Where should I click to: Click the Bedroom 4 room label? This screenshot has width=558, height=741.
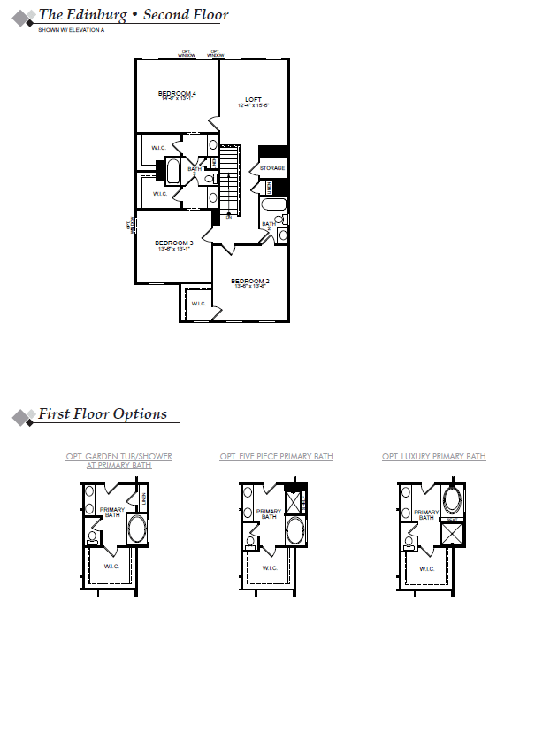pos(177,93)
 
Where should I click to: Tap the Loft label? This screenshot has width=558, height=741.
pos(253,99)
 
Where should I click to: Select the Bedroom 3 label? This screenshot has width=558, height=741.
pos(173,243)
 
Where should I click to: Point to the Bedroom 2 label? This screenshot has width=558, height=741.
pos(251,281)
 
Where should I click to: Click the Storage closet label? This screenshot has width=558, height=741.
pos(271,167)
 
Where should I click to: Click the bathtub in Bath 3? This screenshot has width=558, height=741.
pos(274,205)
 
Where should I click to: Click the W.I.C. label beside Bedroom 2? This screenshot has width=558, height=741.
pos(198,304)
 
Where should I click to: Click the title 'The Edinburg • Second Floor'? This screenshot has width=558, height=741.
pos(133,15)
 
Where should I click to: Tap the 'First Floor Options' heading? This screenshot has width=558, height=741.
pos(102,414)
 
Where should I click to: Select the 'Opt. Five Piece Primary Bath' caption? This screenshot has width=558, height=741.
pos(276,457)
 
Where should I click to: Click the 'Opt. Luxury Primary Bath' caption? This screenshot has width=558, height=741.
pos(433,457)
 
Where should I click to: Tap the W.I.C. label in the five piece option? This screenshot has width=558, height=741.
pos(270,567)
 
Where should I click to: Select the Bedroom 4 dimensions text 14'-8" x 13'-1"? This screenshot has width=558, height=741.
pos(177,99)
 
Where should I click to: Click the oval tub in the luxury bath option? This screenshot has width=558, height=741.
pos(453,500)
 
